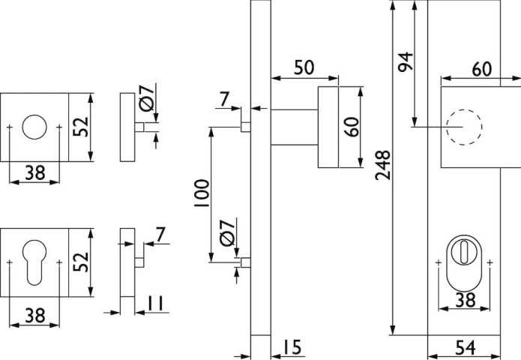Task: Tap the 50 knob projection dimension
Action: pyautogui.click(x=304, y=67)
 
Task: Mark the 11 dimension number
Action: pyautogui.click(x=155, y=304)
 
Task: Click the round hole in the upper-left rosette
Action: pyautogui.click(x=34, y=127)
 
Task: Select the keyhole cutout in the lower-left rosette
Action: pyautogui.click(x=34, y=262)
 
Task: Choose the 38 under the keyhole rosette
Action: pyautogui.click(x=34, y=316)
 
